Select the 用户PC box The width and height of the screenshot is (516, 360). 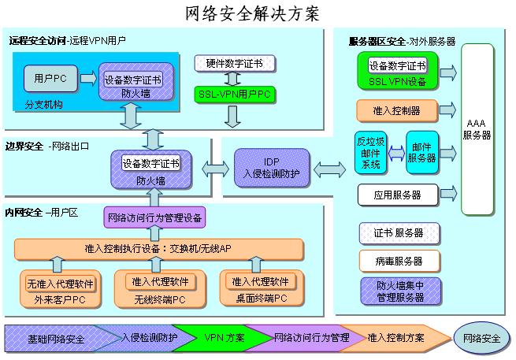[49, 79]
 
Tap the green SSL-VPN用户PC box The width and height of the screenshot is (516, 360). [232, 95]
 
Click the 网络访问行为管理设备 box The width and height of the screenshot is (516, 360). [155, 216]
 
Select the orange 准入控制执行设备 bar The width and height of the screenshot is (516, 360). [158, 249]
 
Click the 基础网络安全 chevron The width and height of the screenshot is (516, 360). [55, 338]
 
